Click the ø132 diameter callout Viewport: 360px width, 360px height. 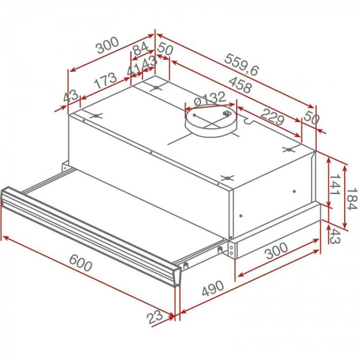210,99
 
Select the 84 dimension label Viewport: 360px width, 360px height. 140,49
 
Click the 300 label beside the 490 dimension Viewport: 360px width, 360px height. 276,252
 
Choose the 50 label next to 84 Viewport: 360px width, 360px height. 165,49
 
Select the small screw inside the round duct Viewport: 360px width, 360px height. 226,114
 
